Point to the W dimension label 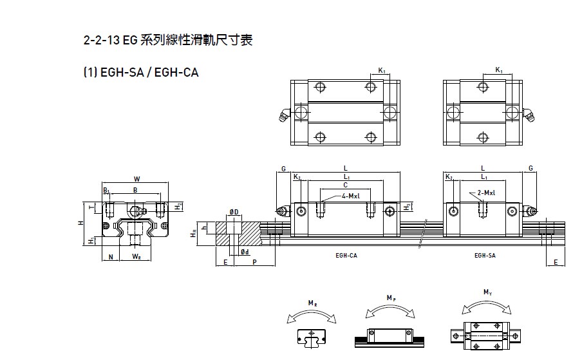point(136,178)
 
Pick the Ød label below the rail point(245,251)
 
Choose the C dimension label point(345,184)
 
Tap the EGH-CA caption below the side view point(346,255)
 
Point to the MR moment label point(311,303)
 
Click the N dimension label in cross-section point(111,257)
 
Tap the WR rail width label point(136,257)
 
